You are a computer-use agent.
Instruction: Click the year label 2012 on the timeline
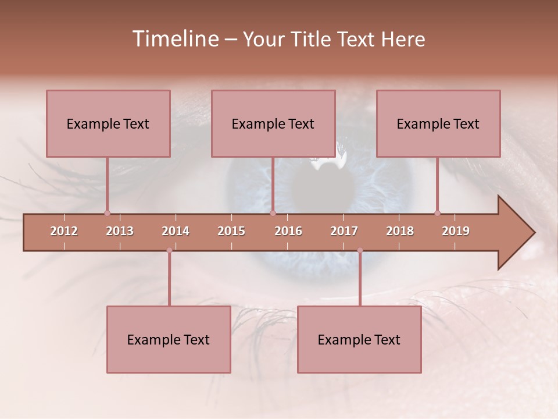(64, 231)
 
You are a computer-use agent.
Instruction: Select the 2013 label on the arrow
(120, 231)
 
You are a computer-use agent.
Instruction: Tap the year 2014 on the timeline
(176, 231)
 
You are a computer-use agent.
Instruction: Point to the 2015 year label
(231, 231)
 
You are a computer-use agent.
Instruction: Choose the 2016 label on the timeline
(288, 231)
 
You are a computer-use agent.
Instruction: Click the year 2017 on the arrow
(344, 231)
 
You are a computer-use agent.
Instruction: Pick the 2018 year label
(400, 231)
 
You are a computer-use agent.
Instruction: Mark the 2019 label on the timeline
(456, 231)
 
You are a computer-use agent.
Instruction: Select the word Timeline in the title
(174, 39)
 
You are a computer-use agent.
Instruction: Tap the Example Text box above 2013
(108, 123)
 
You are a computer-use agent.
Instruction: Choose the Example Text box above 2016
(273, 123)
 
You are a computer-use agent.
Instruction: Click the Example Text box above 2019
(438, 123)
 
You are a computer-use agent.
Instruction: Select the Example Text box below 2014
(169, 339)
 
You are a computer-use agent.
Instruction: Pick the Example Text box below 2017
(359, 339)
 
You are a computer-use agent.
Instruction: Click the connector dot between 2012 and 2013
(107, 213)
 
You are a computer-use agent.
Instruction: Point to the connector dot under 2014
(169, 250)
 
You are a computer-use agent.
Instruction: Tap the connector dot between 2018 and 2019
(437, 213)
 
